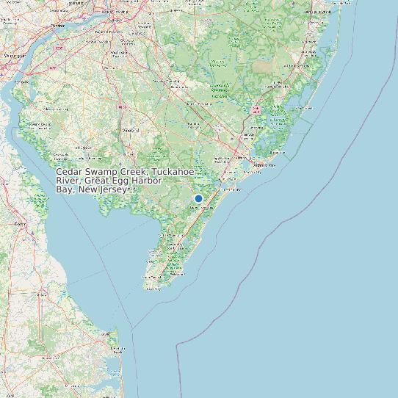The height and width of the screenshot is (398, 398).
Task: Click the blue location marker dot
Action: [x=198, y=198]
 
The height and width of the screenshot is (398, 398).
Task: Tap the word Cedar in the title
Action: [x=69, y=172]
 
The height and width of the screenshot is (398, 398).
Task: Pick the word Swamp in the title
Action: [x=103, y=172]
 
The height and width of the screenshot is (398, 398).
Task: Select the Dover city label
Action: [x=20, y=222]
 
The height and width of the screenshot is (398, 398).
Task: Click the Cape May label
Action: [x=153, y=289]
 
